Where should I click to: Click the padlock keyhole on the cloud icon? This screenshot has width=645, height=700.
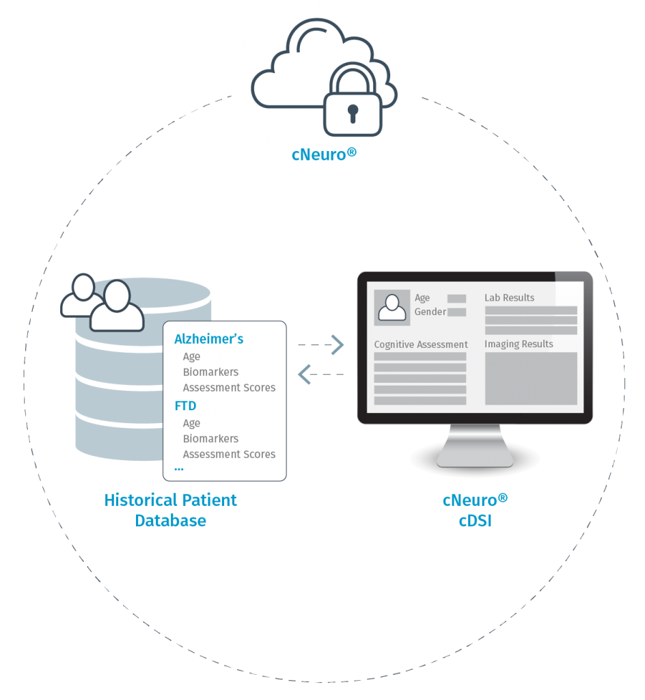point(353,113)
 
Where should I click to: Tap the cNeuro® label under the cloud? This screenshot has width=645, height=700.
point(324,154)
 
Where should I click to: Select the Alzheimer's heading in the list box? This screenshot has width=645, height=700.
point(209,339)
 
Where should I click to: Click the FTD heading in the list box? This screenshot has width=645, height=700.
point(185,406)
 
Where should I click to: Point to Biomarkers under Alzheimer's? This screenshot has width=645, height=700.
point(210,372)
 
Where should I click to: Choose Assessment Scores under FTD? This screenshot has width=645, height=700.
point(229,454)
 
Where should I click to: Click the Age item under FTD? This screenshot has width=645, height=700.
point(191,423)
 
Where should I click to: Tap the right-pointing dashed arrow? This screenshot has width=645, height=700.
point(320,345)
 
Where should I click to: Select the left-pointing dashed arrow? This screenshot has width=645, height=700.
point(320,374)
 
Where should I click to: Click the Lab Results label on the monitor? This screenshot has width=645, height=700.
point(510,298)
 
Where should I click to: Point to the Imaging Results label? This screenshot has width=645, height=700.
point(519,345)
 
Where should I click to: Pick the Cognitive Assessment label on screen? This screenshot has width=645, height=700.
point(421,345)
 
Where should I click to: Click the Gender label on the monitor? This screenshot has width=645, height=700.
point(430,312)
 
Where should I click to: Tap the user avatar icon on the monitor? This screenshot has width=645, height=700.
point(392,308)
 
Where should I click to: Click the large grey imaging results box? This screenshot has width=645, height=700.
point(531,379)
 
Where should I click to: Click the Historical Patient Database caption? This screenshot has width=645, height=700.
point(170,510)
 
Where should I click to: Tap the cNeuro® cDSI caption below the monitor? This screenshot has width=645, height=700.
point(475,510)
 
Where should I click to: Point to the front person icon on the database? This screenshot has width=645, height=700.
point(117,306)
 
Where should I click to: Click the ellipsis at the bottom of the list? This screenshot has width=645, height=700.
point(179,469)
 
